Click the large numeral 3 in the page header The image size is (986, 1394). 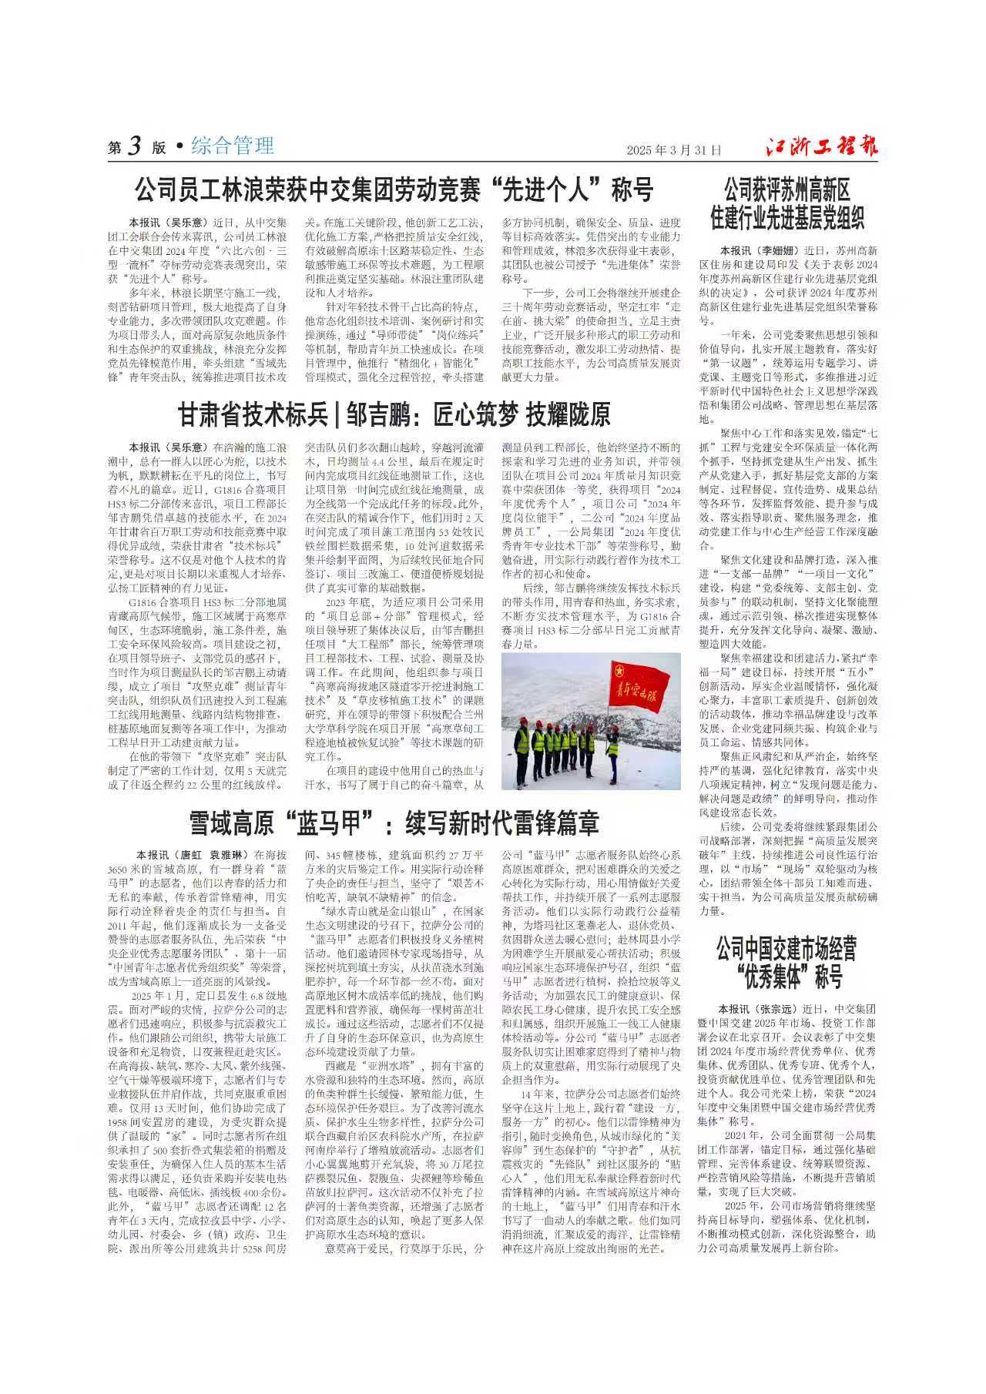[135, 146]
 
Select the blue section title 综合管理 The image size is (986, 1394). [233, 146]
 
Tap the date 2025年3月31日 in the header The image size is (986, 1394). [674, 150]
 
